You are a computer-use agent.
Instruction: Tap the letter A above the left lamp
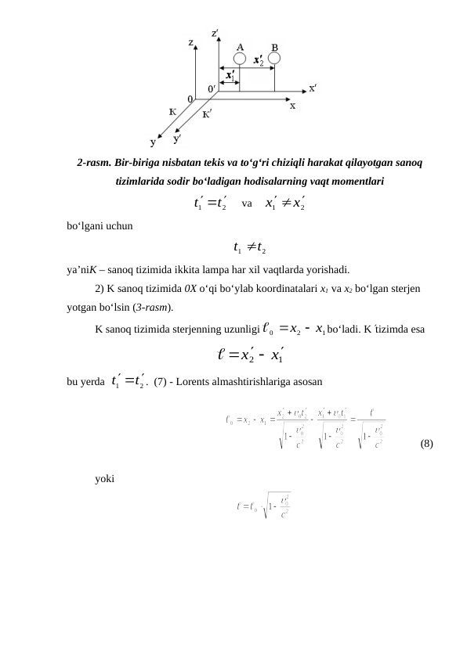pyautogui.click(x=240, y=46)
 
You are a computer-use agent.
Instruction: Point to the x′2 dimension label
pyautogui.click(x=256, y=59)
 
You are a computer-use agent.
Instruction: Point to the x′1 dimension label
pyautogui.click(x=230, y=76)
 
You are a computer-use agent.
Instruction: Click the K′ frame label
pyautogui.click(x=208, y=115)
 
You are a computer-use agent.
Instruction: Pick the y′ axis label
pyautogui.click(x=179, y=139)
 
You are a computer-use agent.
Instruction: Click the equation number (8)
pyautogui.click(x=426, y=443)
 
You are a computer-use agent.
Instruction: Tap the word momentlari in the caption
pyautogui.click(x=356, y=181)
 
